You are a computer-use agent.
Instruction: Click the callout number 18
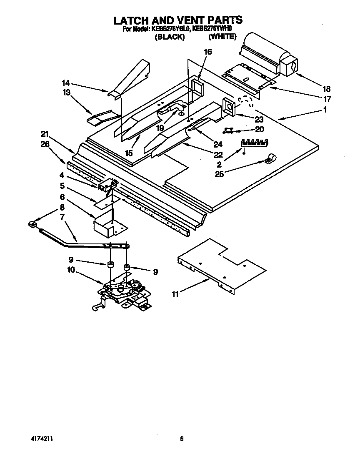coord(326,88)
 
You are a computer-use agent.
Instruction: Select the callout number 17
coord(327,99)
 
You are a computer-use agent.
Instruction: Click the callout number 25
coord(219,174)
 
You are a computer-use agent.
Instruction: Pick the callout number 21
coord(45,134)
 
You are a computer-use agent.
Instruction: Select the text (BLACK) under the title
coord(170,37)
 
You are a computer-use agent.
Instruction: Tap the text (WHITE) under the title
coord(222,37)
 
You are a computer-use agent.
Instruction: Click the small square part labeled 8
coord(32,225)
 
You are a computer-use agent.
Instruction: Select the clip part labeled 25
coord(269,158)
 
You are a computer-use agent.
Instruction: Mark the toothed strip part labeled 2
coord(255,143)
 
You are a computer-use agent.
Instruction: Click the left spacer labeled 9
coord(110,265)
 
